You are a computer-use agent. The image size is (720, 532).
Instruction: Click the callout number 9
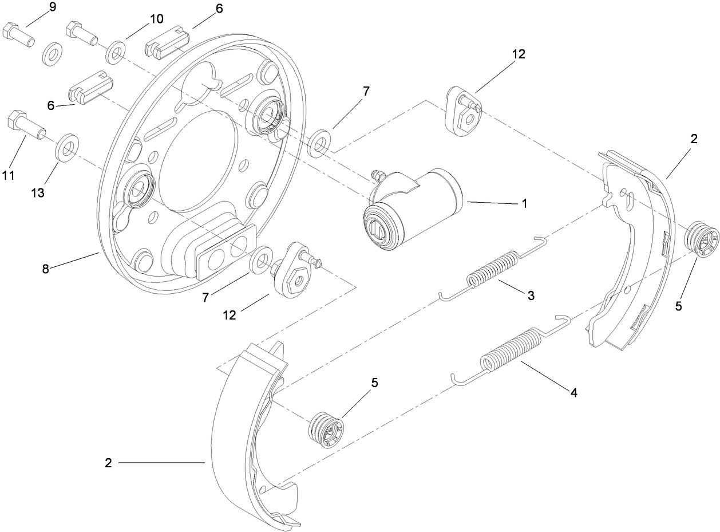53,7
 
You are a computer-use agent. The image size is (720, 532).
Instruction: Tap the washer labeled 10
116,52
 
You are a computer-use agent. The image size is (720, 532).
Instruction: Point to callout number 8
46,269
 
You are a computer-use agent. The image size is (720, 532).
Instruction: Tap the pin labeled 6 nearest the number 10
168,46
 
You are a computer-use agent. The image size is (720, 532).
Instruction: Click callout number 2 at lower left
108,463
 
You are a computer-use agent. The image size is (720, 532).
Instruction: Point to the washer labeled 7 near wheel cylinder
319,143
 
